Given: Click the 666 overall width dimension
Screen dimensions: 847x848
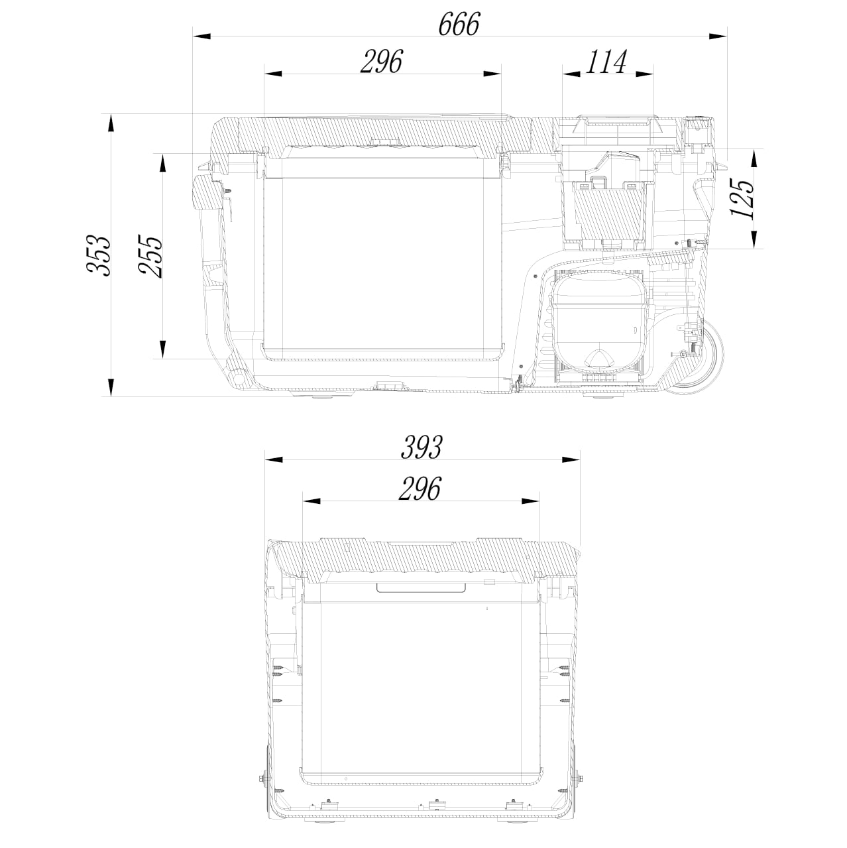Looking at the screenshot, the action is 459,24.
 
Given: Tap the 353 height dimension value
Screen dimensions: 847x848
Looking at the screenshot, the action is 97,256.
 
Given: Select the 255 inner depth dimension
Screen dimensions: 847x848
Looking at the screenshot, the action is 150,256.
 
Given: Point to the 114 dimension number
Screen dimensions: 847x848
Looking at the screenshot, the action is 607,62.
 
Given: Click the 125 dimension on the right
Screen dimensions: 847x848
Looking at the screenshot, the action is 743,199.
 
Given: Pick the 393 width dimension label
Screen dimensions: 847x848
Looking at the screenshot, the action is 422,447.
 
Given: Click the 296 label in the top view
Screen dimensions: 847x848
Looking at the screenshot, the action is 382,62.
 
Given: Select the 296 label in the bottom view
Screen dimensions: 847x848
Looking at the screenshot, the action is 420,489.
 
